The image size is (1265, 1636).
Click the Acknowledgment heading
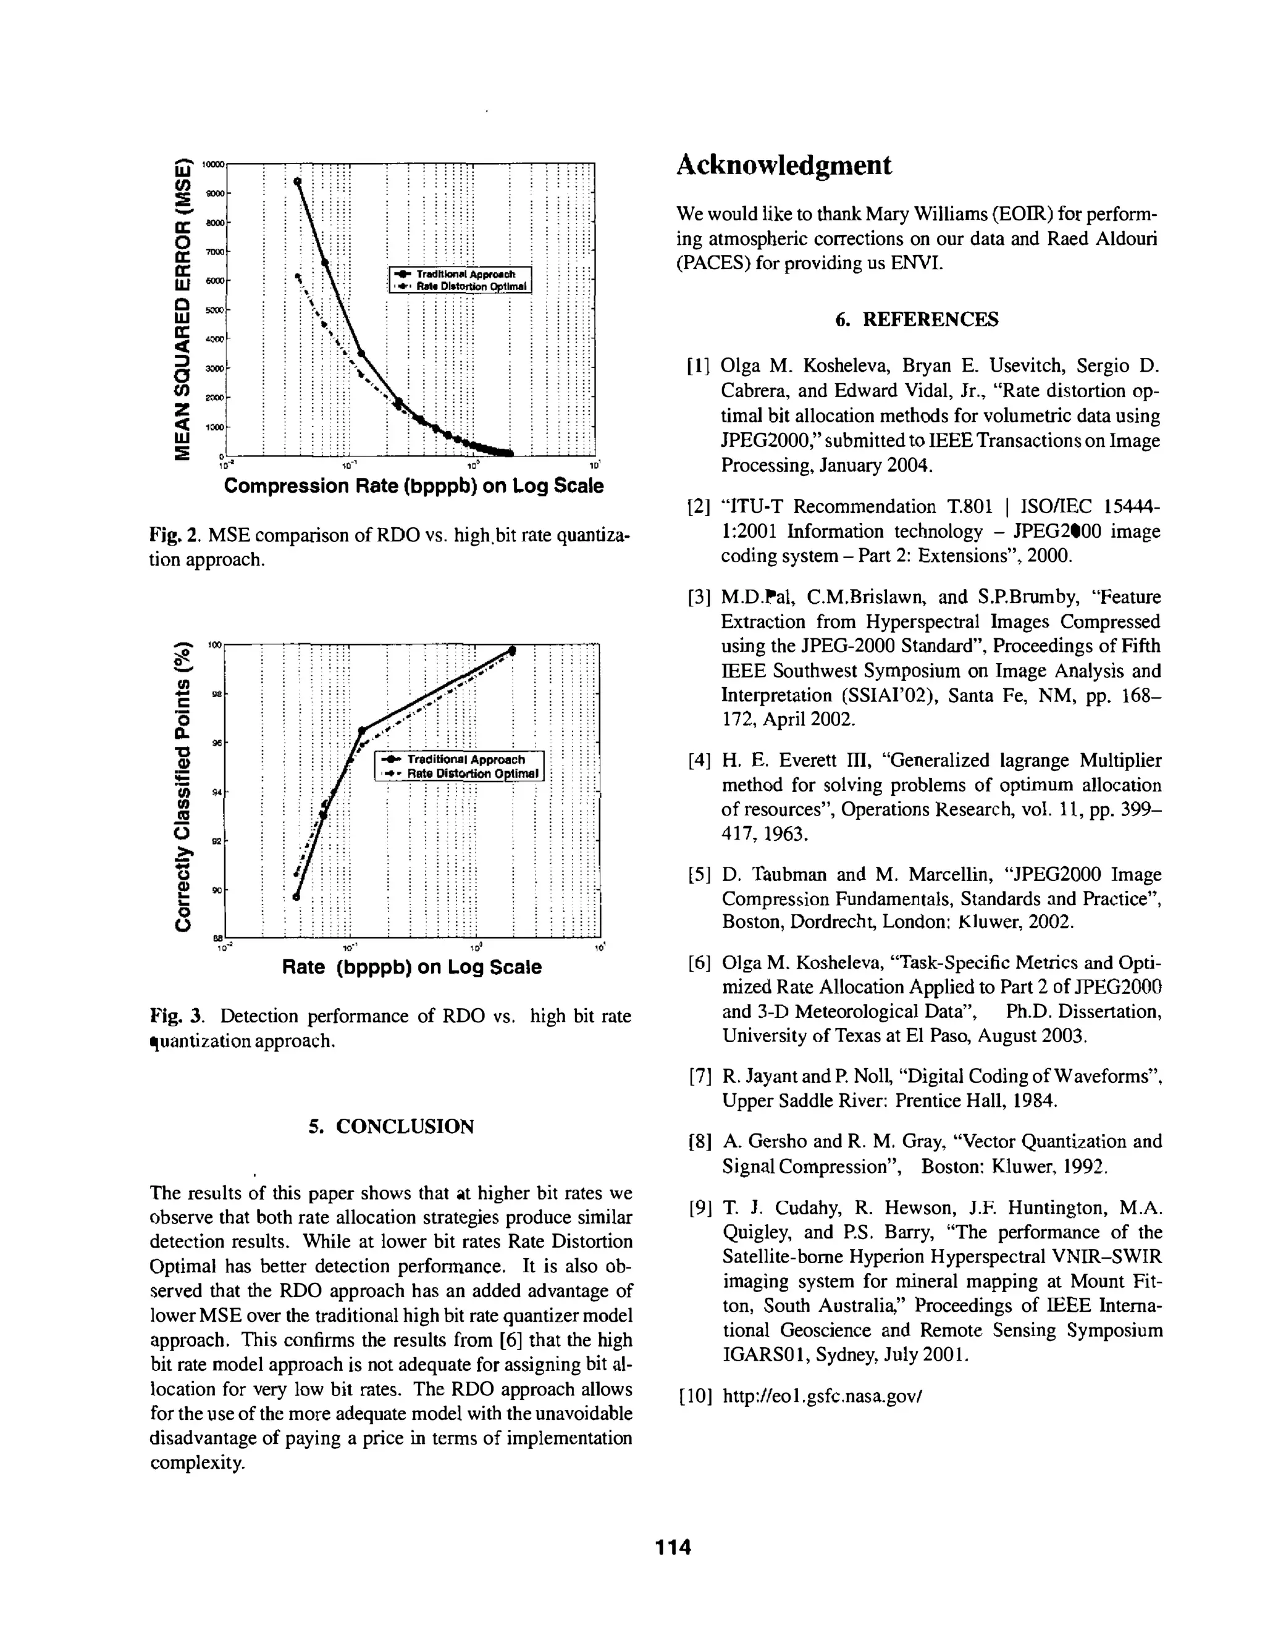783,165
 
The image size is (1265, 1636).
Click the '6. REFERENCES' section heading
917,320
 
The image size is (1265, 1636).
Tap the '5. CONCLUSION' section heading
391,1127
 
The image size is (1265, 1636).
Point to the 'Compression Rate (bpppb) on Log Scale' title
414,486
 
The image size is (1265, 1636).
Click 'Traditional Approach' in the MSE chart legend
464,274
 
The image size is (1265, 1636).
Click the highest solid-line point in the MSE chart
296,182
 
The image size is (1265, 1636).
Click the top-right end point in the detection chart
513,650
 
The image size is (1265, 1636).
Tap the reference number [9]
699,1208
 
